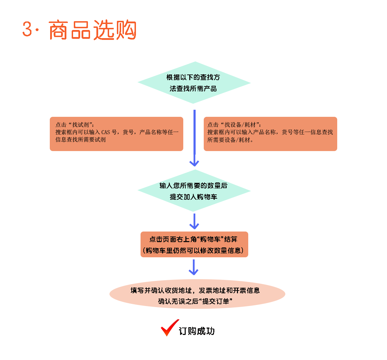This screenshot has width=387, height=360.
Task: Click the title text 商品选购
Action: point(93,30)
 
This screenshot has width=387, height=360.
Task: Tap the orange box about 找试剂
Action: point(116,134)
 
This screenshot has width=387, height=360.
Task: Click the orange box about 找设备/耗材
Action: point(270,134)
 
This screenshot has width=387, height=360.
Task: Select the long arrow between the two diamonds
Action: point(194,138)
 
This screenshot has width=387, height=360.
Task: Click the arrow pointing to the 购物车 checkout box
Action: point(194,222)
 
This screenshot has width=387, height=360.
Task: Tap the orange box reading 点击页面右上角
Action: point(194,244)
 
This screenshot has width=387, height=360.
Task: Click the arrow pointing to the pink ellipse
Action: point(194,267)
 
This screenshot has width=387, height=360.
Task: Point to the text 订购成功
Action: point(197,331)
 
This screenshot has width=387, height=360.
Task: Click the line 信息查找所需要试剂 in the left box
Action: point(81,139)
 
